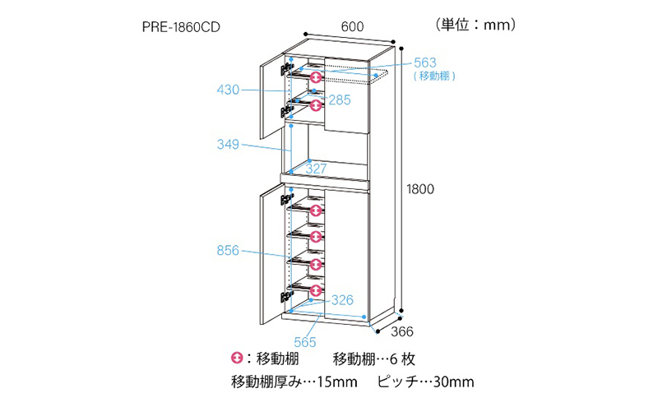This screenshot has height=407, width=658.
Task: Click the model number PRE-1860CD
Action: tap(181, 27)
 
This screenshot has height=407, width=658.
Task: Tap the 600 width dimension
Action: tap(352, 27)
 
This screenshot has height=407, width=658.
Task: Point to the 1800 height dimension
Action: tap(420, 189)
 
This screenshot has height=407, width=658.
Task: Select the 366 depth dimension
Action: tap(402, 332)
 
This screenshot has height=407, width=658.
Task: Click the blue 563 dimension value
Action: tap(425, 63)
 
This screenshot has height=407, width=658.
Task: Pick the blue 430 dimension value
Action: tap(228, 90)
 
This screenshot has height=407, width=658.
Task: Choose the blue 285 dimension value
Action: tap(339, 99)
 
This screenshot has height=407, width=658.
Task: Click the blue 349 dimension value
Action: tap(228, 145)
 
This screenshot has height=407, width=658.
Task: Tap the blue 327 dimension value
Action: tap(316, 169)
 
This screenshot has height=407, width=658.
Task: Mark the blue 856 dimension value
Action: tap(228, 251)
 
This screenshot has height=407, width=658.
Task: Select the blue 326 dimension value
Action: tap(342, 300)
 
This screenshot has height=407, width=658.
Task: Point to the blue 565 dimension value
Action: tap(304, 342)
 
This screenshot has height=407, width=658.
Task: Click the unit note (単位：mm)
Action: tap(475, 25)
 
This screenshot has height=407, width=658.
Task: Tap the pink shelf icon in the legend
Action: tap(237, 358)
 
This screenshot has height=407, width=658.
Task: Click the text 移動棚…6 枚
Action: tap(374, 358)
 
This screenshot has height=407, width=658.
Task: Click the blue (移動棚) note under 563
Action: tap(434, 76)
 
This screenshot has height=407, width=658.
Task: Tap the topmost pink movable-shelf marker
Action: tap(316, 77)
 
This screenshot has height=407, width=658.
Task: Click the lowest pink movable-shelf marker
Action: tap(316, 290)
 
